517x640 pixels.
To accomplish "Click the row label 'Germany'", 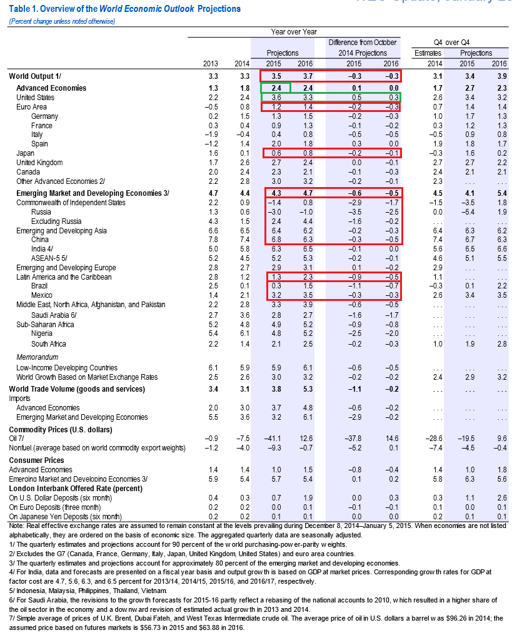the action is (44, 116).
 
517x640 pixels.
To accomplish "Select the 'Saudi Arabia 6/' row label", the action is (54, 315).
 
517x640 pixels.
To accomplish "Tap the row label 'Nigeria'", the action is (42, 333).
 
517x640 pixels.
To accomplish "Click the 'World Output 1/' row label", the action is (35, 76).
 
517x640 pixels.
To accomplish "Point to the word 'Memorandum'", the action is (37, 357).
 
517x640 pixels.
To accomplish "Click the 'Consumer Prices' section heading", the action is (36, 460).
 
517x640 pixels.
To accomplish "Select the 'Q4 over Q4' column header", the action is (452, 43).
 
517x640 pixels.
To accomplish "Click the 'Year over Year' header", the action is (294, 32).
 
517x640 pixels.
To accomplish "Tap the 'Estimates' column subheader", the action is (428, 53).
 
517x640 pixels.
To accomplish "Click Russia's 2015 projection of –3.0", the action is (274, 212).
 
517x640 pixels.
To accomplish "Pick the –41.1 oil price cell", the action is (273, 439).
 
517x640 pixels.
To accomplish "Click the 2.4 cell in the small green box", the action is (276, 88).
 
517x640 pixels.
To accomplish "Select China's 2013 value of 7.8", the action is (213, 240).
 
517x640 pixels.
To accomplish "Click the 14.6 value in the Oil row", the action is (392, 439).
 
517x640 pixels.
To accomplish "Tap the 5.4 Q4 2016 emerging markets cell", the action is (502, 193).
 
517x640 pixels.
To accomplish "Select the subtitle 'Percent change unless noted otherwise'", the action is (61, 21).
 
